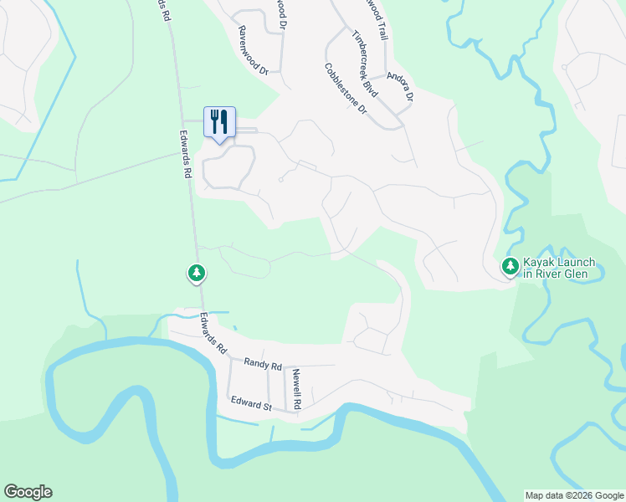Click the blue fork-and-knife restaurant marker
(219, 122)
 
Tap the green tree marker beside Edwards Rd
(197, 273)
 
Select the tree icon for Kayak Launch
(510, 267)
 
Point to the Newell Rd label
(296, 390)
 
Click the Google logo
(28, 492)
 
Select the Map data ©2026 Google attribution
(574, 495)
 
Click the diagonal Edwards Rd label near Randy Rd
(213, 334)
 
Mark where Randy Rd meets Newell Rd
(285, 366)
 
